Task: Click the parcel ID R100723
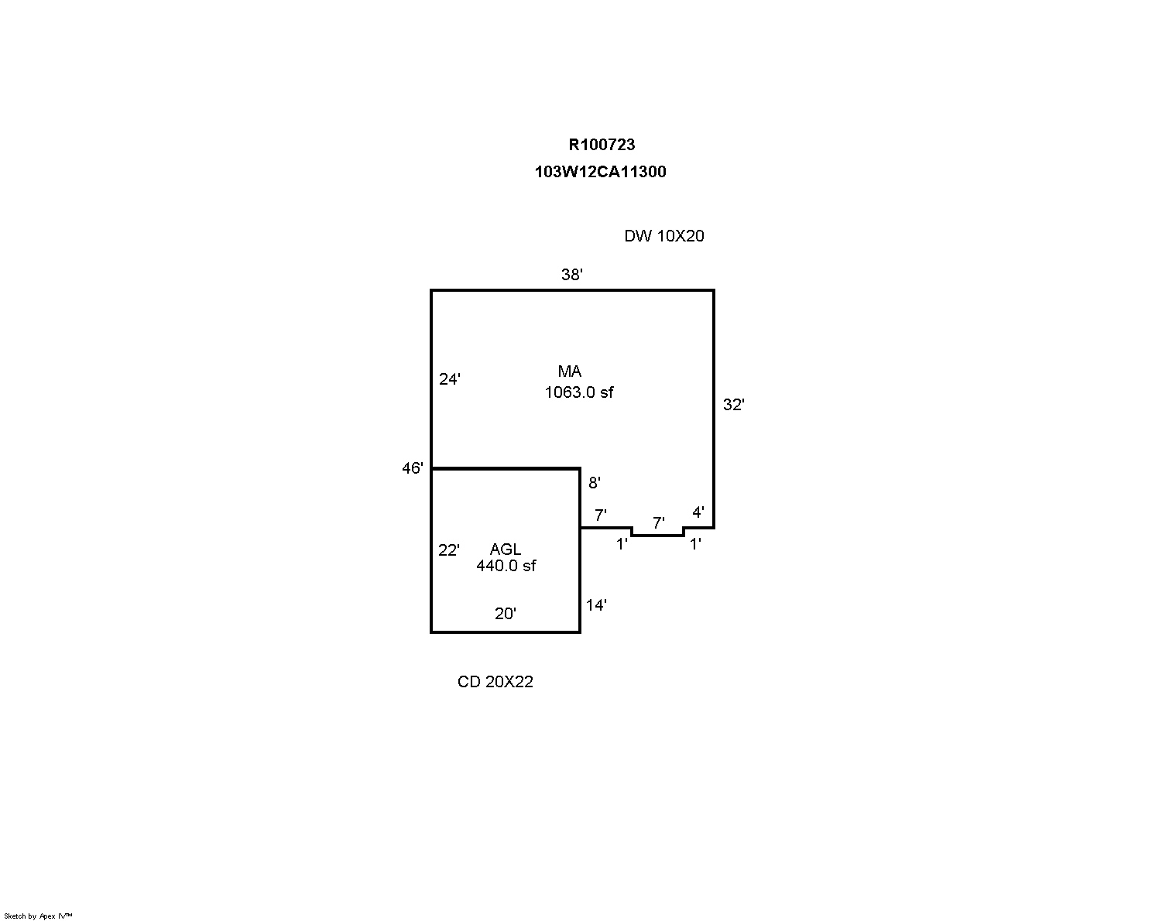(602, 145)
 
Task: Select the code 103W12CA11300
(600, 172)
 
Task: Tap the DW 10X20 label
(664, 236)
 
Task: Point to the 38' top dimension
(571, 275)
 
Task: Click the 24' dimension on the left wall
(450, 379)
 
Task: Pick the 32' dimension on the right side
(733, 405)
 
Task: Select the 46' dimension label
(413, 468)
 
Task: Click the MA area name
(570, 371)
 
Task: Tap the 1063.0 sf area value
(579, 392)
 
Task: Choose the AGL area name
(506, 550)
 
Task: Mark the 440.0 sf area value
(506, 566)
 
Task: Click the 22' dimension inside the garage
(449, 550)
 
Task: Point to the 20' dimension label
(506, 614)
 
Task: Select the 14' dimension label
(596, 605)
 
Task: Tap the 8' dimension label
(595, 483)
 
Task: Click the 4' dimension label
(698, 512)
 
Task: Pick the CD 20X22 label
(495, 682)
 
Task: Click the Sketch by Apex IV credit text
(38, 916)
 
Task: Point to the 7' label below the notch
(659, 523)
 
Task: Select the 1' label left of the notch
(622, 544)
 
